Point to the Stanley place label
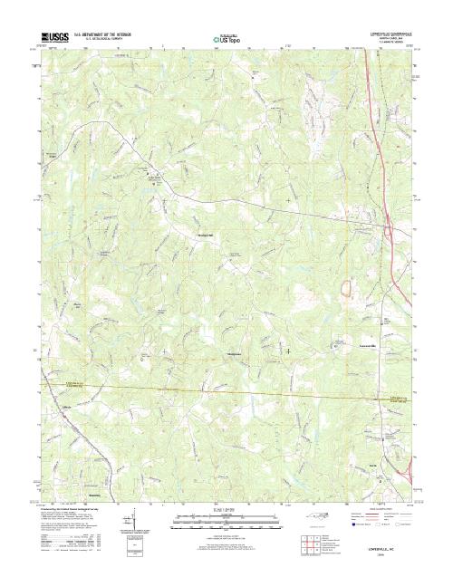pyautogui.click(x=94, y=494)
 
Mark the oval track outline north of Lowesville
pyautogui.click(x=345, y=289)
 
